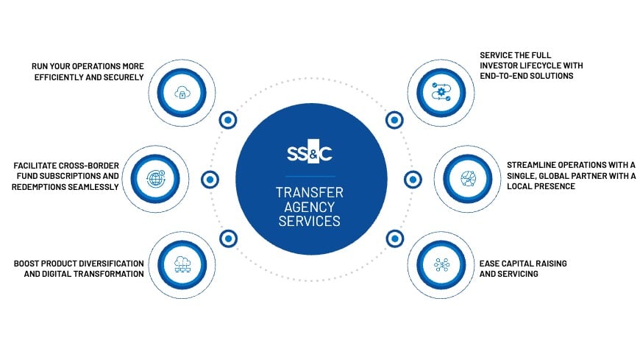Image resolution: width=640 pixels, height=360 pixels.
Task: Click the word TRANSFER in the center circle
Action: pyautogui.click(x=310, y=192)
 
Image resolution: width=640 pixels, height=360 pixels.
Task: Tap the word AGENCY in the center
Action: pyautogui.click(x=310, y=207)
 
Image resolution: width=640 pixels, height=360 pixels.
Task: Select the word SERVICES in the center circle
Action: pyautogui.click(x=310, y=221)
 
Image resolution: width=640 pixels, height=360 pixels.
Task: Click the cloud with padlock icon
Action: pyautogui.click(x=182, y=93)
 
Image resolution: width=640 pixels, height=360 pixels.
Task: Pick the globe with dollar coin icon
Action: pyautogui.click(x=155, y=179)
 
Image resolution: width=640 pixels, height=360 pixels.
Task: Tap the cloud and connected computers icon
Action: pyautogui.click(x=182, y=265)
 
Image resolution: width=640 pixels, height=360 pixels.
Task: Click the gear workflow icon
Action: pyautogui.click(x=441, y=92)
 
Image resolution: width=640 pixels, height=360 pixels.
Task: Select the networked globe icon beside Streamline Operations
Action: pyautogui.click(x=468, y=179)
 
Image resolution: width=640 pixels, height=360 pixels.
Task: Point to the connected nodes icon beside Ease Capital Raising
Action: pyautogui.click(x=441, y=265)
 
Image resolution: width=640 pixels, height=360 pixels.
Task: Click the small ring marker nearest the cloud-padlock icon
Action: pyautogui.click(x=228, y=120)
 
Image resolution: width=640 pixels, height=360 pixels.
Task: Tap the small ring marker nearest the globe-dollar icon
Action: pyautogui.click(x=210, y=180)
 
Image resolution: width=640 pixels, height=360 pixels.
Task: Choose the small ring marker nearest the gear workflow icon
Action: pyautogui.click(x=394, y=120)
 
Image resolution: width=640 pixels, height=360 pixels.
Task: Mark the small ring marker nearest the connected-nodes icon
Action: pyautogui.click(x=395, y=239)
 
